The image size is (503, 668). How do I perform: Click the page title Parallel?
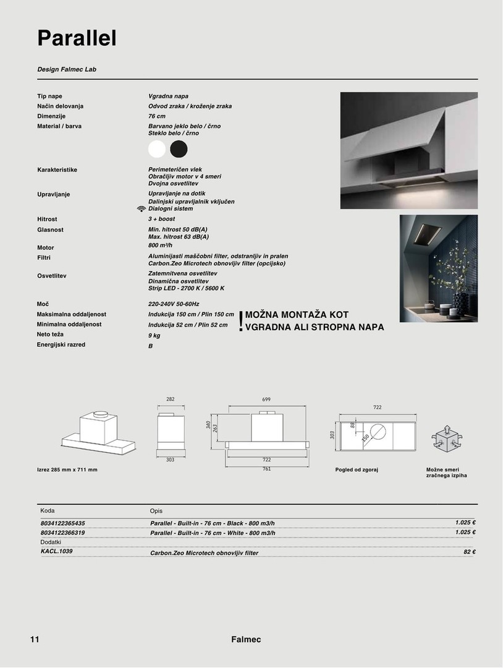[77, 38]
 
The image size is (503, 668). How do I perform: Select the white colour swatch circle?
[158, 149]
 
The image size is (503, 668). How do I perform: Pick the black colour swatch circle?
[179, 149]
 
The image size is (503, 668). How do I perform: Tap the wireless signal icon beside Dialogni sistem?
[142, 209]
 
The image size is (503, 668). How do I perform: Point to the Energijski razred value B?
[150, 346]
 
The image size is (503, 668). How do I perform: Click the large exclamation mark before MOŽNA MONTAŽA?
[240, 322]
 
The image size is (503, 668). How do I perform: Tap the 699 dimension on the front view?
[266, 400]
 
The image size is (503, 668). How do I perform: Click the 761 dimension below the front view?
[266, 469]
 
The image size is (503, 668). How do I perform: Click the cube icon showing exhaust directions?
[445, 439]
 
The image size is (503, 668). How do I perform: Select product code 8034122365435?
[63, 523]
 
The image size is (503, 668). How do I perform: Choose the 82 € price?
[469, 552]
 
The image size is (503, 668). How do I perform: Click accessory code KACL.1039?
[56, 551]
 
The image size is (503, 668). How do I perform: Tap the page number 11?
[34, 640]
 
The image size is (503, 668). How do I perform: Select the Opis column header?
[156, 511]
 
